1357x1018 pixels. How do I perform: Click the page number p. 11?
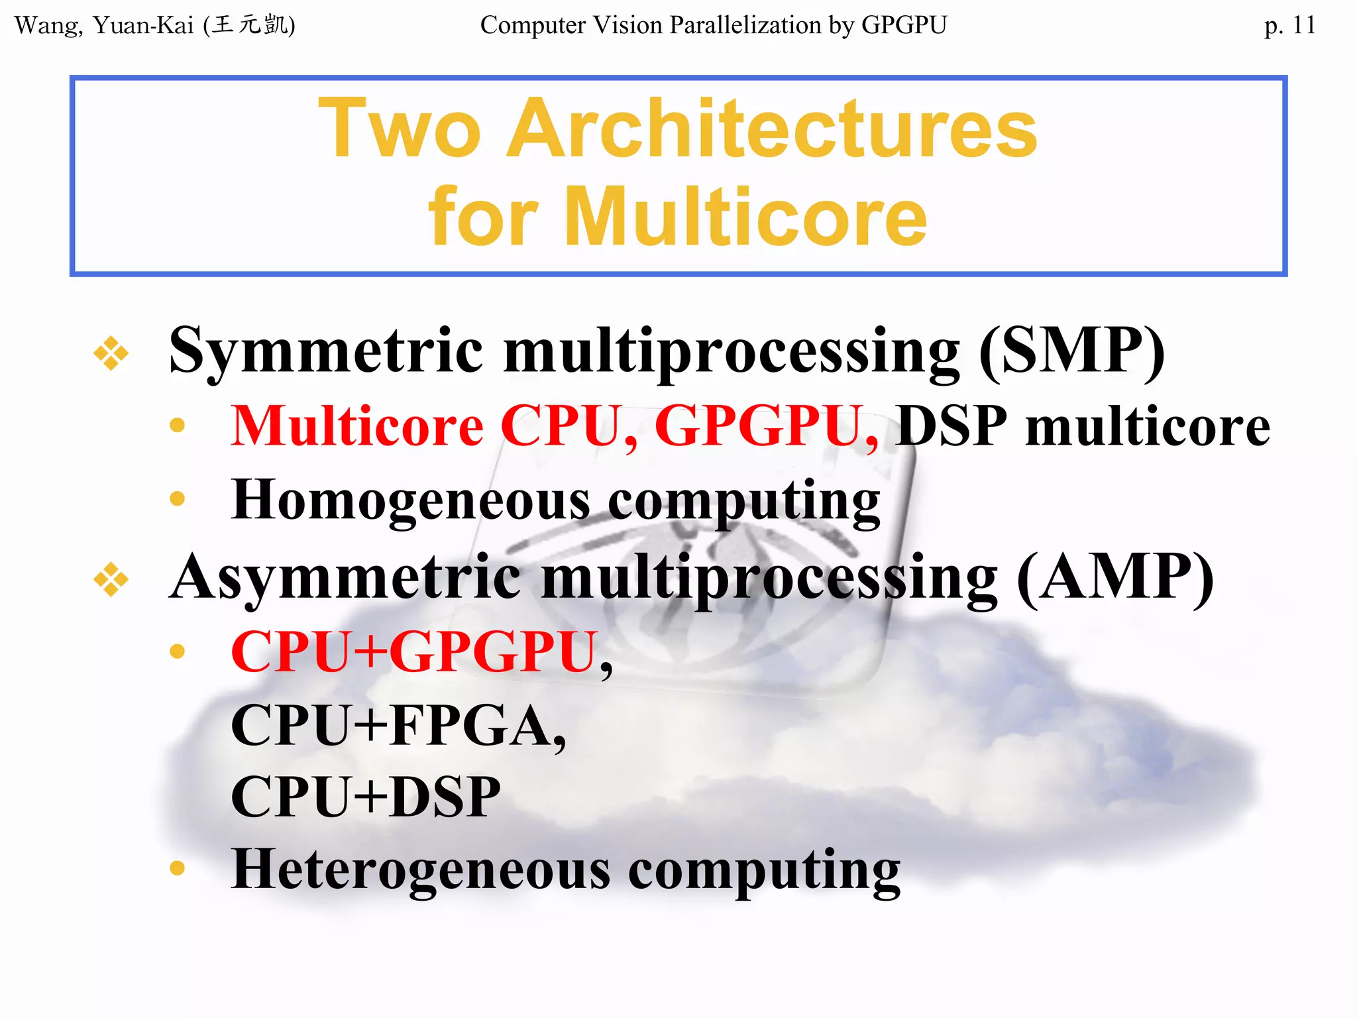point(1289,25)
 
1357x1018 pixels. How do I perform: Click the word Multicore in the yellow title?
point(745,217)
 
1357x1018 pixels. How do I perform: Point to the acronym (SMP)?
point(1071,351)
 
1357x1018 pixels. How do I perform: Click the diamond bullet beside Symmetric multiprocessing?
point(111,353)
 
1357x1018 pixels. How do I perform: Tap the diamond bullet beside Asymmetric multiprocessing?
point(111,579)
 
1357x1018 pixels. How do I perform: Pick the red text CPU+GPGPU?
point(415,652)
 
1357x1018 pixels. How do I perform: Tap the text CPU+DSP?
point(365,797)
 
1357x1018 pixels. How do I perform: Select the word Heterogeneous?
point(421,870)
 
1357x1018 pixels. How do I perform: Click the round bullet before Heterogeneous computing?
point(177,868)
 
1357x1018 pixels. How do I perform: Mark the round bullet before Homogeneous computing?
point(177,498)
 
